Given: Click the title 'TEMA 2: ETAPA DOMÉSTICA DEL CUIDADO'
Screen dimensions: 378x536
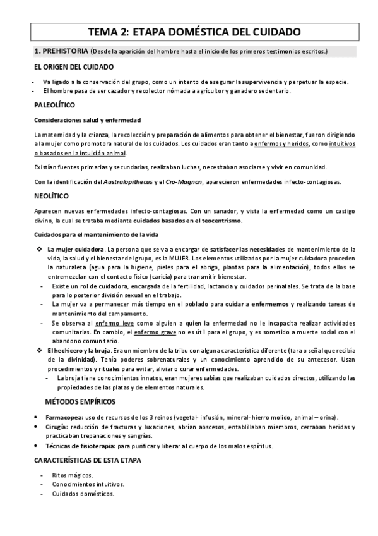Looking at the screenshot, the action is click(x=190, y=32).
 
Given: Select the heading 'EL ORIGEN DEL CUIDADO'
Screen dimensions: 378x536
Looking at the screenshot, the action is click(x=74, y=67).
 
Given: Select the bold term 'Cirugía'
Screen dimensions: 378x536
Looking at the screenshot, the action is click(x=56, y=427).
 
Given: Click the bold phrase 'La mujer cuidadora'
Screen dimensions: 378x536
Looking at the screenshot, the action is click(x=74, y=249).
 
